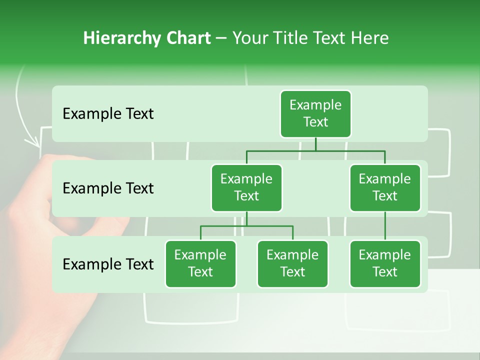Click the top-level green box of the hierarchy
click(x=315, y=114)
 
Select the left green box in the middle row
click(x=246, y=188)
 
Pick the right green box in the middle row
click(x=385, y=188)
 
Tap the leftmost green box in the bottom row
click(x=200, y=264)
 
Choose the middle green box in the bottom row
click(x=292, y=264)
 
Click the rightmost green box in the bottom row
click(x=385, y=264)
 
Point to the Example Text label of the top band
click(x=108, y=114)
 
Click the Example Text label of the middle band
click(x=108, y=188)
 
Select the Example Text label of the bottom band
click(x=108, y=264)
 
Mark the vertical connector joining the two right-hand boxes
click(x=385, y=226)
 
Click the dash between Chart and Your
click(x=221, y=38)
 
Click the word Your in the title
click(x=250, y=38)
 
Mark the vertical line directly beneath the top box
click(x=315, y=144)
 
